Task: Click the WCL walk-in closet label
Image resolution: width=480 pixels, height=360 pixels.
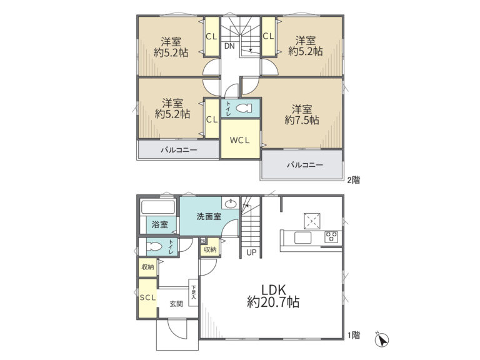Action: click(x=240, y=141)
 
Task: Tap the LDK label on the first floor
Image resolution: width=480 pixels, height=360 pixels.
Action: click(x=273, y=289)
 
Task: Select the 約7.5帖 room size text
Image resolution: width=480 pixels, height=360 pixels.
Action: click(x=302, y=120)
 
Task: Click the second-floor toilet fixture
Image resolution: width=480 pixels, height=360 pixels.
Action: click(x=244, y=108)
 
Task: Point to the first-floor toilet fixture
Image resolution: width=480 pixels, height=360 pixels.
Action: click(x=154, y=247)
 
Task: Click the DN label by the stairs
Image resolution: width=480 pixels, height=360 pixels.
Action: click(x=229, y=46)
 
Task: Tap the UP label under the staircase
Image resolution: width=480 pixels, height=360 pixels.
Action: click(x=251, y=253)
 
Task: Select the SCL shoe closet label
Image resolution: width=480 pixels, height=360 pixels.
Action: click(x=148, y=297)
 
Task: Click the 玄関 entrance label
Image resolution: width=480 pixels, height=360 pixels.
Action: click(x=177, y=304)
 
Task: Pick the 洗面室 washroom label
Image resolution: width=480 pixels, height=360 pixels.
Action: click(x=209, y=217)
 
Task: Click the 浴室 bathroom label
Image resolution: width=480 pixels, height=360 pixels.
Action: click(x=160, y=225)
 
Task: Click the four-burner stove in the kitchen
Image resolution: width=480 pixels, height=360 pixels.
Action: click(x=331, y=237)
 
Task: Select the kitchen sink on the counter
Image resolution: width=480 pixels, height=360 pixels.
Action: click(x=302, y=238)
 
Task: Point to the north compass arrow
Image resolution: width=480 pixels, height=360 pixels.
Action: click(x=382, y=339)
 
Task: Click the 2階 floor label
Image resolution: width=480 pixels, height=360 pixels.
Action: click(x=354, y=180)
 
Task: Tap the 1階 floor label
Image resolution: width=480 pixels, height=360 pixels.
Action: click(x=354, y=335)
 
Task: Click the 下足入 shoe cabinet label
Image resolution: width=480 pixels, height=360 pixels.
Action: click(x=194, y=292)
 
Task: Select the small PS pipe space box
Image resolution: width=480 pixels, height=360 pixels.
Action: click(x=202, y=241)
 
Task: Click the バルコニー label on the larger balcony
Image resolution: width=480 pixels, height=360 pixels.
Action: click(x=305, y=165)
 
